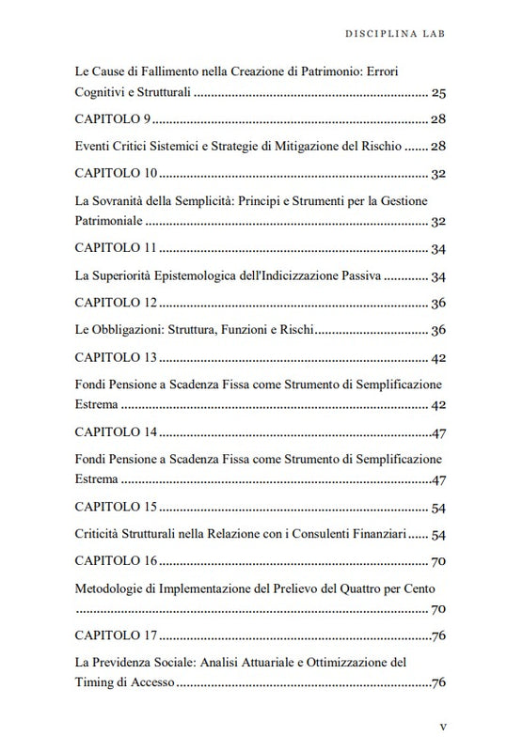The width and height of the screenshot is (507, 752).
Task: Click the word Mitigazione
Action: pos(321,148)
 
